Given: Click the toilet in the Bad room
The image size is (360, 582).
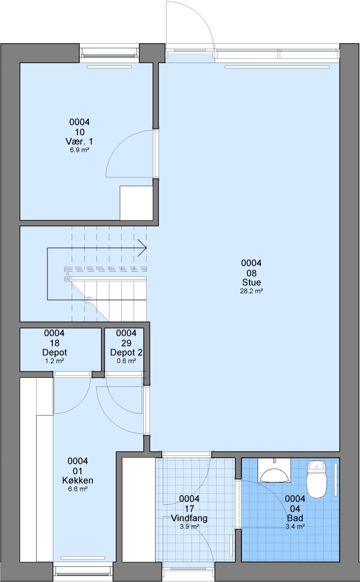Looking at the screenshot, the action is point(316,479).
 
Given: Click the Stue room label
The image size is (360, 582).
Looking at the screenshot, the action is point(252,282).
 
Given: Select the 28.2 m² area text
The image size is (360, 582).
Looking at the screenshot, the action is point(252,292).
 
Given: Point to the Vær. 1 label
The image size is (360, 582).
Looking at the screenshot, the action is point(79,141).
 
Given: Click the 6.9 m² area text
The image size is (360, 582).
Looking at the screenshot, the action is point(79,150).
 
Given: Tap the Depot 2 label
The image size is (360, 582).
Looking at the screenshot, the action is point(127,352).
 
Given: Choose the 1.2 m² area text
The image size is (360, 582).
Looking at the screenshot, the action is point(54,361).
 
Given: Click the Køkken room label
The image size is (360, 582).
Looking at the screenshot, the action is point(78,481).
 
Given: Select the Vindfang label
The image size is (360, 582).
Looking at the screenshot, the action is point(189,518).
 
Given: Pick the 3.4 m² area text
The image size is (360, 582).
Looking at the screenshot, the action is point(295,526).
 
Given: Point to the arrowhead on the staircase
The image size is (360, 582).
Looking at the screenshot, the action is point(142,247).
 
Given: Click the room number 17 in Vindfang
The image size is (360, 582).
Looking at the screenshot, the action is point(189,509).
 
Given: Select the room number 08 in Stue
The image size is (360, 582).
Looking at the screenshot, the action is point(252,273).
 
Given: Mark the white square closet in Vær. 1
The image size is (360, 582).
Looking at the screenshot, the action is point(136,203).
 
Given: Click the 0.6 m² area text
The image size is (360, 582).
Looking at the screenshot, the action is point(127,361).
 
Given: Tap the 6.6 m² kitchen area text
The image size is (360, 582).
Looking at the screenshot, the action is point(78,489).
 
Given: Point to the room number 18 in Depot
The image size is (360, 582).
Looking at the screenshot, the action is point(54,343).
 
